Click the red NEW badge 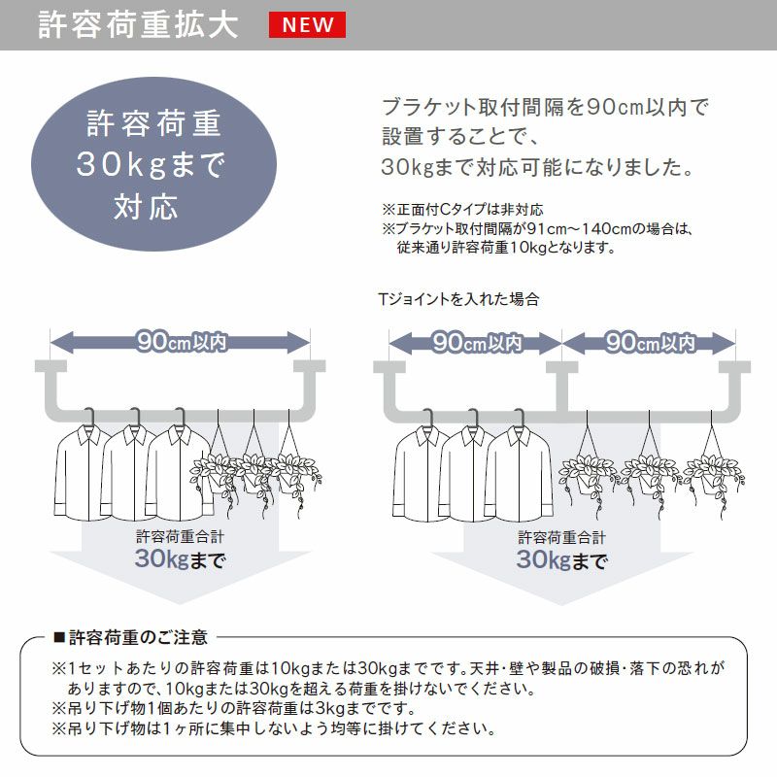(x=307, y=25)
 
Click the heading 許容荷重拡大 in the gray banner (x=138, y=25)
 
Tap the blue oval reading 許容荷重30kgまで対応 (x=153, y=164)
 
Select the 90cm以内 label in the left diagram (x=182, y=342)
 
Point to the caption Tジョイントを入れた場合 (x=458, y=299)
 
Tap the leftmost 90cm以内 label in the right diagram (x=476, y=343)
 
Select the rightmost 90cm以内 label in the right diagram (x=650, y=343)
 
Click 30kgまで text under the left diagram (x=181, y=559)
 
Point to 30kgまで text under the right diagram (x=562, y=560)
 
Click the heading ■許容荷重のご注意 (x=130, y=637)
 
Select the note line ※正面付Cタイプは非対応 (x=463, y=210)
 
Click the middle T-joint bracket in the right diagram (x=562, y=387)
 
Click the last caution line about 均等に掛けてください (x=274, y=729)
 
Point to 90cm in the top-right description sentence (x=615, y=108)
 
